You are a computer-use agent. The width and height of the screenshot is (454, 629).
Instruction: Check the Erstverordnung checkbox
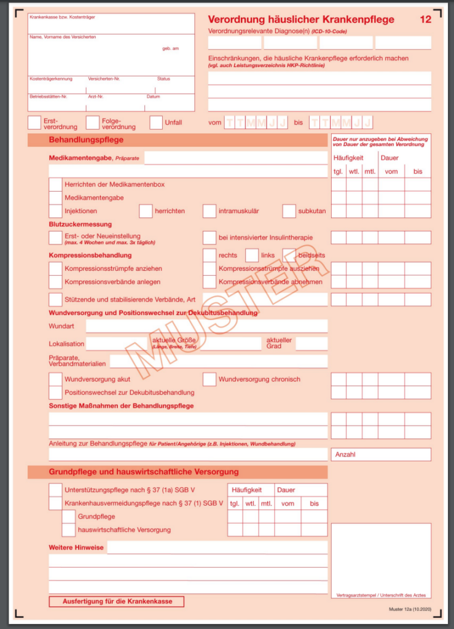(x=34, y=123)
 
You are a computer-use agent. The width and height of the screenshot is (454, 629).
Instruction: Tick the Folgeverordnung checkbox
(x=93, y=123)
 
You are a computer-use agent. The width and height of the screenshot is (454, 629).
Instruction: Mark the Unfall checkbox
(x=156, y=123)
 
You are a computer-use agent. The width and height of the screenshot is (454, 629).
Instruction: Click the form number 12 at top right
(x=425, y=20)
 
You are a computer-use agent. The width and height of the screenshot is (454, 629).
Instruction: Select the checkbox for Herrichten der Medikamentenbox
(x=55, y=184)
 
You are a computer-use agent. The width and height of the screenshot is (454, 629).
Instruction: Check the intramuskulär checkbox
(x=209, y=211)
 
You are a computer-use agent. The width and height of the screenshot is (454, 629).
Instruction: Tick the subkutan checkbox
(x=289, y=211)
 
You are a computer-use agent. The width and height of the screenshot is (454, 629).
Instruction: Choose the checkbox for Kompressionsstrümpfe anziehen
(x=55, y=269)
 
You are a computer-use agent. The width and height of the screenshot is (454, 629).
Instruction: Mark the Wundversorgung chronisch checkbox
(x=209, y=379)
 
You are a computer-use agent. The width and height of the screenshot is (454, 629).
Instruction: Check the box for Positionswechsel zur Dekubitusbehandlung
(x=55, y=393)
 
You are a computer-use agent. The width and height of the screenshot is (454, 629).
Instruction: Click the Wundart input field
(x=203, y=326)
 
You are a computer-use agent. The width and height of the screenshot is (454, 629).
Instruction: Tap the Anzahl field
(x=381, y=455)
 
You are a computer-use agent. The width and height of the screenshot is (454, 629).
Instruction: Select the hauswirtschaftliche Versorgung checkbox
(x=69, y=529)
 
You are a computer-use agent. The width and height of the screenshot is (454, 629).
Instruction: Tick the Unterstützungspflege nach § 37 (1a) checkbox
(x=55, y=490)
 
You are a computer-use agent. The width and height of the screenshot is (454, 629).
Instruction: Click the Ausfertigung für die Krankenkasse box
(x=117, y=601)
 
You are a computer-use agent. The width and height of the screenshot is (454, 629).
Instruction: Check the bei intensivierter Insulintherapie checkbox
(x=209, y=238)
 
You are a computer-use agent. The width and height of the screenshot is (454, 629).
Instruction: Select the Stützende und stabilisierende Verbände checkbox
(x=55, y=300)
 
